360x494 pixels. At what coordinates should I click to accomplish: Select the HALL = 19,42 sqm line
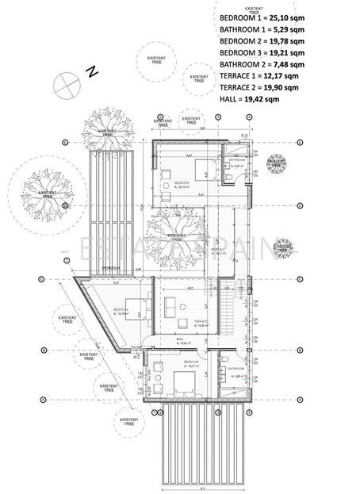250,100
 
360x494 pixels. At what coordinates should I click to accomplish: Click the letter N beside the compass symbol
92,71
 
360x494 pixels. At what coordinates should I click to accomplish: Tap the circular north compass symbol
64,82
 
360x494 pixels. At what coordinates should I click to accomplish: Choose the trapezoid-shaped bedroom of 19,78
119,313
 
